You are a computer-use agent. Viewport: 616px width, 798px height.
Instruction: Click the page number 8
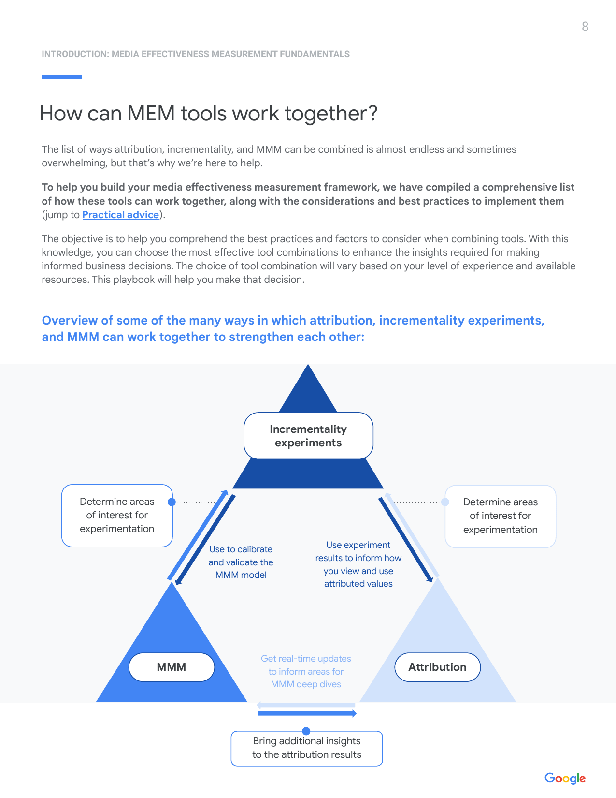(x=585, y=27)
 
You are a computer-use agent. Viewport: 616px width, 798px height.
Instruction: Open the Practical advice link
(x=121, y=214)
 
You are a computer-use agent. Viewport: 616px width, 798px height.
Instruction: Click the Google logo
(x=565, y=778)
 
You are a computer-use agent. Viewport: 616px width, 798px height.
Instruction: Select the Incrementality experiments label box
(x=308, y=436)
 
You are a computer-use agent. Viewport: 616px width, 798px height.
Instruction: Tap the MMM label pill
(x=172, y=667)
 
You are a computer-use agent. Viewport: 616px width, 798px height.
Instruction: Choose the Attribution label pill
(x=437, y=667)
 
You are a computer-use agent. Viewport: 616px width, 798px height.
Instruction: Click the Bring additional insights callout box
(x=307, y=748)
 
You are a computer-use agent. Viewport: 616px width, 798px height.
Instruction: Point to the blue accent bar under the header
(x=62, y=77)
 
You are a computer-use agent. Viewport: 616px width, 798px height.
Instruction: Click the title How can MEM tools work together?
(x=208, y=113)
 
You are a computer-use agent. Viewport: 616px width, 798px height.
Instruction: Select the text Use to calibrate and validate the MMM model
(x=241, y=562)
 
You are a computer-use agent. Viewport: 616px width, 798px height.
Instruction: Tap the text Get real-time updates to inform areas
(x=306, y=665)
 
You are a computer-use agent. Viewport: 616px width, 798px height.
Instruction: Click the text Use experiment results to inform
(x=358, y=551)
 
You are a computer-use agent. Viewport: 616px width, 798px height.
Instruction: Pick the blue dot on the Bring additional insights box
(x=306, y=731)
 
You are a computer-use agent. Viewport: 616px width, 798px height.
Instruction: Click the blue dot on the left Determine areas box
(x=172, y=502)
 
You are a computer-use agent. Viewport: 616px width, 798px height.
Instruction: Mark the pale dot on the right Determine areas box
(x=445, y=502)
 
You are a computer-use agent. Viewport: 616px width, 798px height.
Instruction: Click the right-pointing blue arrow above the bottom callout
(x=307, y=713)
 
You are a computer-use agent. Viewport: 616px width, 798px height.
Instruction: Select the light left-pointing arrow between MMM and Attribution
(x=306, y=705)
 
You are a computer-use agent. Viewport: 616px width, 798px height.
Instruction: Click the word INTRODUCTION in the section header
(x=75, y=54)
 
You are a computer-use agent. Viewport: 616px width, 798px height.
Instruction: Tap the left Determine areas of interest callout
(x=117, y=516)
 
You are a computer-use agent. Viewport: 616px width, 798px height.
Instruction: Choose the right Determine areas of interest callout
(x=501, y=516)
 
